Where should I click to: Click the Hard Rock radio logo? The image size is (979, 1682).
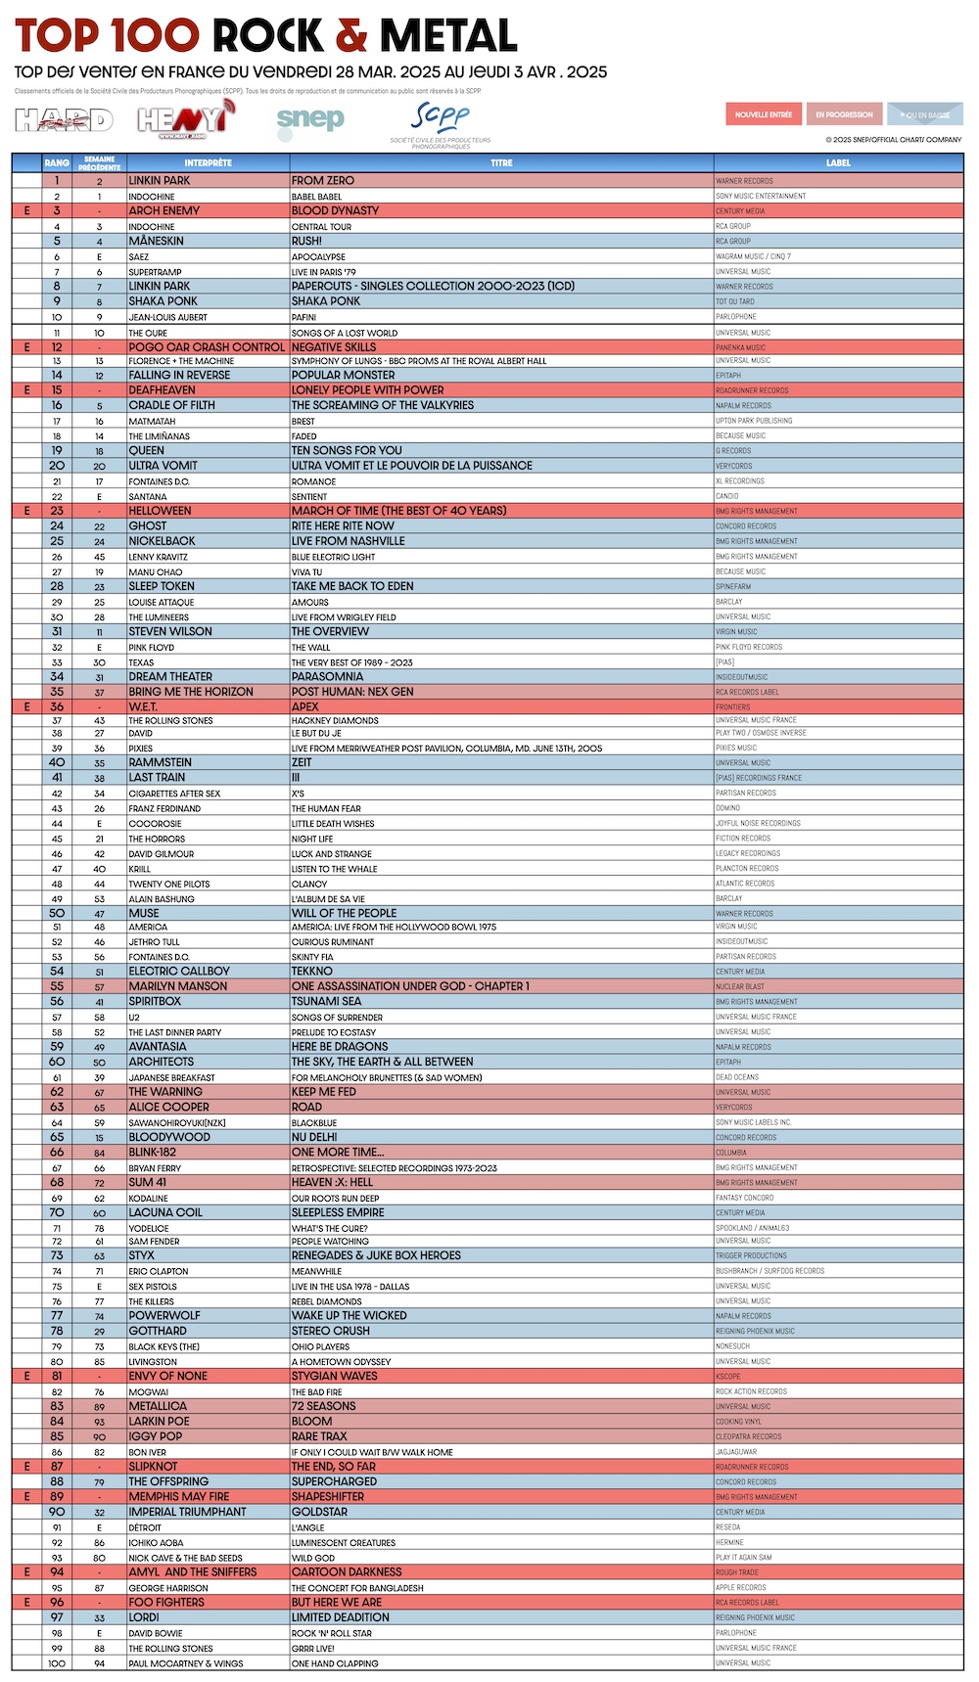pyautogui.click(x=64, y=119)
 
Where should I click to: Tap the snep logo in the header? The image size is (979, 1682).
pyautogui.click(x=310, y=119)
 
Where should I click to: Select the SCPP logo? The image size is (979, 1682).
pyautogui.click(x=441, y=122)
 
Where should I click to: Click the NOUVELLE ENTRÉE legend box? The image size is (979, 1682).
pyautogui.click(x=764, y=114)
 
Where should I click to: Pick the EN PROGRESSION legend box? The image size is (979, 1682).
pyautogui.click(x=844, y=114)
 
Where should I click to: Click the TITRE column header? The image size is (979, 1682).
pyautogui.click(x=501, y=162)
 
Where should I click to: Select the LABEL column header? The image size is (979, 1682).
pyautogui.click(x=838, y=162)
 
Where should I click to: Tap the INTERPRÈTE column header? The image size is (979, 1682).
pyautogui.click(x=208, y=162)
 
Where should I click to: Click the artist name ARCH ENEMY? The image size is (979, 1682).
pyautogui.click(x=163, y=210)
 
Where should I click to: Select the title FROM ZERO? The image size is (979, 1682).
pyautogui.click(x=322, y=181)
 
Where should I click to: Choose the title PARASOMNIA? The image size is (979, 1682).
pyautogui.click(x=327, y=676)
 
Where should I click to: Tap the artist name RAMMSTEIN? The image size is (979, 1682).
pyautogui.click(x=160, y=762)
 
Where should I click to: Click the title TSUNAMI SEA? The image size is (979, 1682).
pyautogui.click(x=326, y=1001)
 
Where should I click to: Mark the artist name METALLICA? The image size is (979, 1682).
pyautogui.click(x=159, y=1406)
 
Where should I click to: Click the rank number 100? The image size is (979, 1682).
pyautogui.click(x=57, y=1663)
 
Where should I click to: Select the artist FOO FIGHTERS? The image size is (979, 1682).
pyautogui.click(x=166, y=1602)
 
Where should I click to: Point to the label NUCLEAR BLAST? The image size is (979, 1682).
pyautogui.click(x=740, y=986)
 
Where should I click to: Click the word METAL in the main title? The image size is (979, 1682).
pyautogui.click(x=448, y=36)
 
